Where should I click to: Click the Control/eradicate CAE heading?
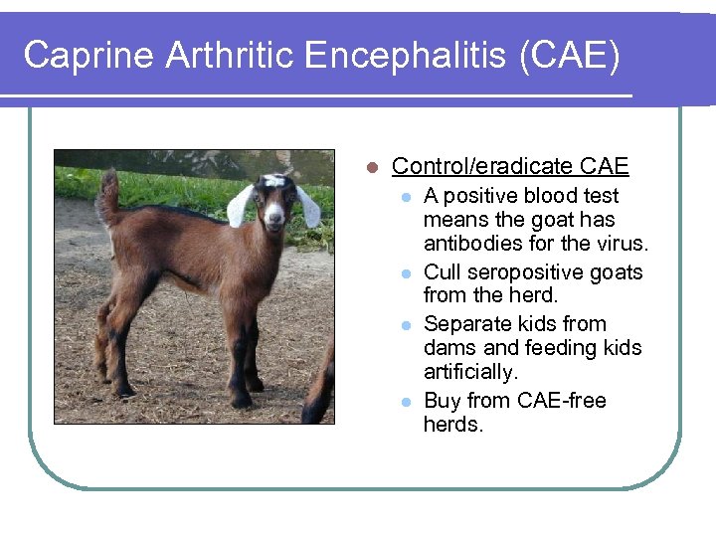click(510, 166)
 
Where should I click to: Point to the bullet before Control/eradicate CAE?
click(370, 167)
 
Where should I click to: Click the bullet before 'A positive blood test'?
click(405, 197)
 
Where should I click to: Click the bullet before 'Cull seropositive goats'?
click(405, 273)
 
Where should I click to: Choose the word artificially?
click(470, 372)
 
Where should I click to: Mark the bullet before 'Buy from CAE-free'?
click(405, 402)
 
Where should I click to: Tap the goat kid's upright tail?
click(107, 194)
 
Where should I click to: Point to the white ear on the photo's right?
click(307, 206)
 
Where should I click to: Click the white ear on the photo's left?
click(240, 206)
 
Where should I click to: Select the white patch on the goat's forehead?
click(273, 181)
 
